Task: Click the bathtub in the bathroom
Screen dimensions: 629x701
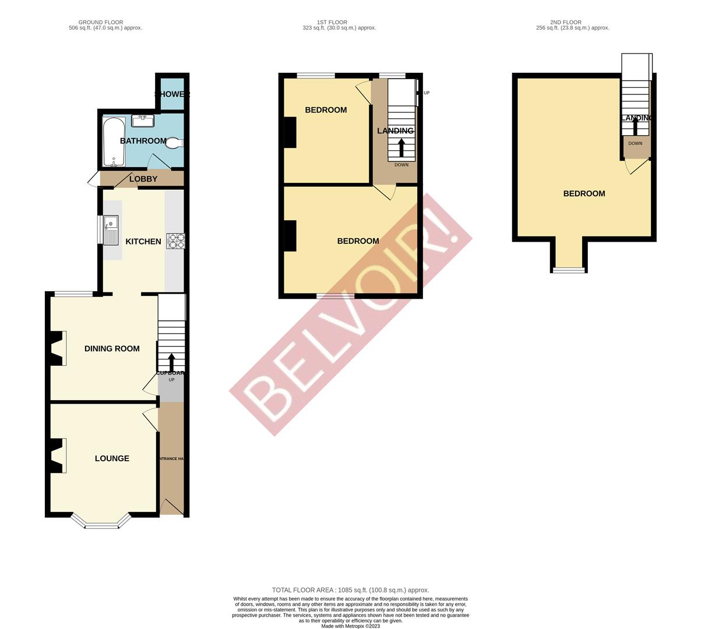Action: [x=114, y=142]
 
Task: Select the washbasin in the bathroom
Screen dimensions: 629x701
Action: [x=143, y=121]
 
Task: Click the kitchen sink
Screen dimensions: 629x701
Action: [x=110, y=230]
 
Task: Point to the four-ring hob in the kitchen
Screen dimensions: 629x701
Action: [x=175, y=241]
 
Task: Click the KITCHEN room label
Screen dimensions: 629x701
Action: [x=143, y=242]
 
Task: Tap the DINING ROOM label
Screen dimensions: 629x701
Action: [x=112, y=349]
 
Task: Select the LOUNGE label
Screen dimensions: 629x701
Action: [x=112, y=458]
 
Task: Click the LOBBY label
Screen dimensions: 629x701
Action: [x=143, y=179]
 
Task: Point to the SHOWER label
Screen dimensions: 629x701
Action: [x=172, y=94]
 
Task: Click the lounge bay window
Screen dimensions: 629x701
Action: [x=101, y=525]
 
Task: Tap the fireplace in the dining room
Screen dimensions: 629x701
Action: [x=57, y=348]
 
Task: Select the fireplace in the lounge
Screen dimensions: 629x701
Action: [x=57, y=455]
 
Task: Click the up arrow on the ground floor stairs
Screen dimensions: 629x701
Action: [x=171, y=361]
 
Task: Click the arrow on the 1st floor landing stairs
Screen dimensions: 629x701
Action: [x=401, y=147]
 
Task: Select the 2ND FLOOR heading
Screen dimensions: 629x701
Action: [x=572, y=22]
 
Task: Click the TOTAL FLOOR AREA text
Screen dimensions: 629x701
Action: [x=350, y=590]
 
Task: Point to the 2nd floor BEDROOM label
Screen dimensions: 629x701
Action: [x=584, y=194]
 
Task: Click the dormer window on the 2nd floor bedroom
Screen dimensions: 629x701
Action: [x=569, y=270]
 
